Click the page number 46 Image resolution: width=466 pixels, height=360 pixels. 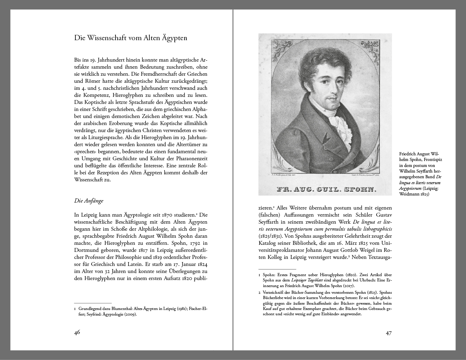coord(77,332)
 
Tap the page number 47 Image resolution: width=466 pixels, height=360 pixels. coord(389,333)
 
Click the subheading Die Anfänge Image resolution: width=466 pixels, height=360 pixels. coord(88,201)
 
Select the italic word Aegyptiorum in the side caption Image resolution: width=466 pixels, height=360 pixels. coord(410,188)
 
